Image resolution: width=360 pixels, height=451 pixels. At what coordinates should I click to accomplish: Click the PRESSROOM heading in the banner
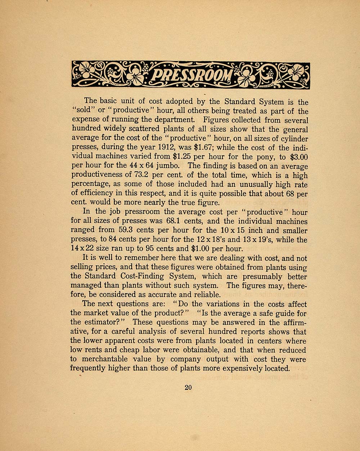[x=191, y=75]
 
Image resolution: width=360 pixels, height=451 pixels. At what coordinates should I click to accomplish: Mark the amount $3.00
[x=297, y=157]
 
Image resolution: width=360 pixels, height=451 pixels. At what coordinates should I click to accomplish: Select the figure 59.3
[x=125, y=230]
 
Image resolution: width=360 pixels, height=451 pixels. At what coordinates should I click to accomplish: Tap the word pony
[x=272, y=157]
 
